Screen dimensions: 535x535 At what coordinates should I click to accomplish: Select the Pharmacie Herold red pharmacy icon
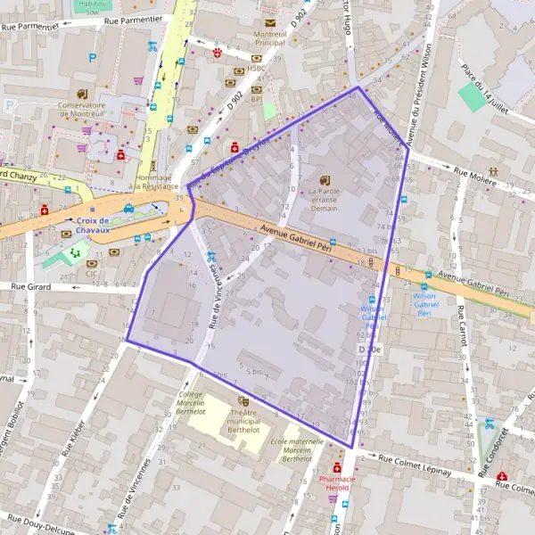point(337,467)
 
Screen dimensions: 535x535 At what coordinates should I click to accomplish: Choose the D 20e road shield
point(369,350)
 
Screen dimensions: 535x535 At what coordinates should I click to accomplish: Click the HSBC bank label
point(258,69)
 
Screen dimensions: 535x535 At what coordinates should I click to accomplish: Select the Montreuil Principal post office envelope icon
point(269,23)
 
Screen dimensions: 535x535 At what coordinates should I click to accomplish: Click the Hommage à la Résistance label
point(153,181)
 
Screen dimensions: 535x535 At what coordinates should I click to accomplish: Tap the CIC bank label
point(92,273)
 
